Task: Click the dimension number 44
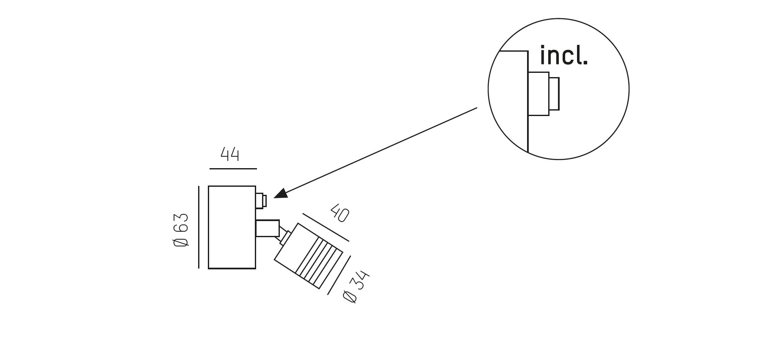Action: (230, 154)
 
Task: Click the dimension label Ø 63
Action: (181, 230)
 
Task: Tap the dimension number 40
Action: (340, 213)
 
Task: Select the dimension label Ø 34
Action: (356, 286)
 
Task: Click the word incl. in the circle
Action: (564, 55)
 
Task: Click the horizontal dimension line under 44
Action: (233, 169)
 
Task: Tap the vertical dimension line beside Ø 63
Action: (199, 227)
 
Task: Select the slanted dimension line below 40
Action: (326, 227)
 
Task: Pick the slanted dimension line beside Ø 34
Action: (339, 275)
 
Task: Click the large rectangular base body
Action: (232, 227)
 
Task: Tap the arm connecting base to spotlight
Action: (268, 228)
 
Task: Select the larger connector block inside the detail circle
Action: (538, 94)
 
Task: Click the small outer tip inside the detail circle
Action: (554, 94)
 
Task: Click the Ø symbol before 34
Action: (350, 297)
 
